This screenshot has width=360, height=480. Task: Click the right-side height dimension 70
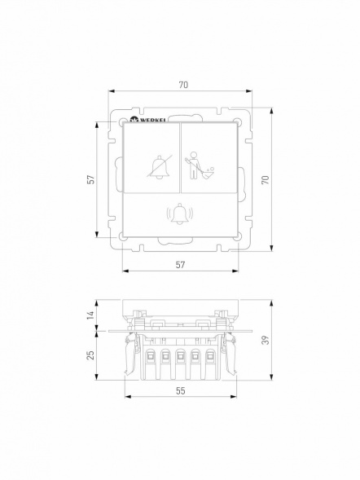tap(264, 180)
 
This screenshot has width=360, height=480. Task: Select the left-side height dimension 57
tap(91, 178)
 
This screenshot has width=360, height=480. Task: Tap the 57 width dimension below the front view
tap(179, 265)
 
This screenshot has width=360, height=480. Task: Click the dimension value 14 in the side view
tap(91, 314)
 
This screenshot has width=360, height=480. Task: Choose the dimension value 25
tap(91, 354)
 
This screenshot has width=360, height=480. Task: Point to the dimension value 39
tap(264, 341)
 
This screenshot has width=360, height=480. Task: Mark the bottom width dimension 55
tap(180, 391)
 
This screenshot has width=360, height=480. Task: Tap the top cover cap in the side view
tap(179, 307)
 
